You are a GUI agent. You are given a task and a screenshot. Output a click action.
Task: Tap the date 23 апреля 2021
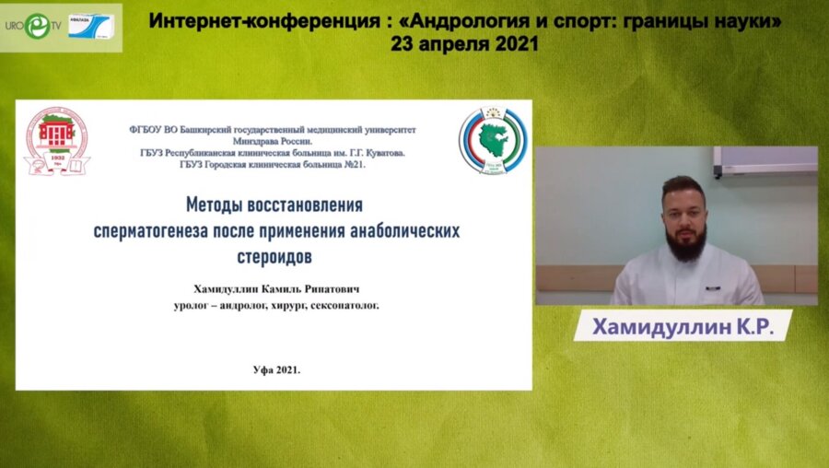tap(464, 43)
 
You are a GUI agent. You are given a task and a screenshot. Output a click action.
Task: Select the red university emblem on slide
tap(56, 141)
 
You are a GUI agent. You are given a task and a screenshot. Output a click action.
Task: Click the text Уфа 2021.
tap(276, 368)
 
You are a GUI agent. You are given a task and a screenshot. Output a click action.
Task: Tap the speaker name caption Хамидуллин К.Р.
tap(682, 326)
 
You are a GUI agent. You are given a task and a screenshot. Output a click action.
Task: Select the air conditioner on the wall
tap(765, 161)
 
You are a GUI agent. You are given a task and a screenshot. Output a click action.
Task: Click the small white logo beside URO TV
tap(94, 23)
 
